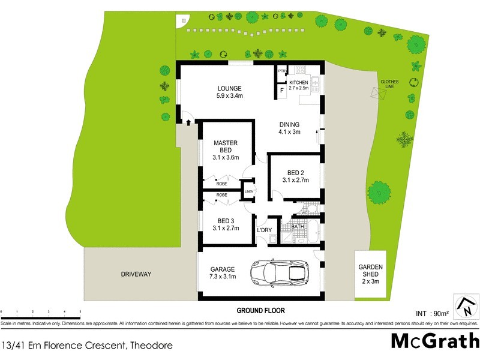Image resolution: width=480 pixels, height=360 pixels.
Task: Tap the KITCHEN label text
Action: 299,82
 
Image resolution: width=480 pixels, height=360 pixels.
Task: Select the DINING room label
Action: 289,125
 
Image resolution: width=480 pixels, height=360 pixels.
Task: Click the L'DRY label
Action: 265,230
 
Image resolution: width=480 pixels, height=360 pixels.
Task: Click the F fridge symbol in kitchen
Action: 281,91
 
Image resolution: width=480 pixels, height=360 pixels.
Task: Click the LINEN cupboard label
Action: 248,191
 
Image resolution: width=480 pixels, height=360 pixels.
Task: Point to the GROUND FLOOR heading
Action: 260,311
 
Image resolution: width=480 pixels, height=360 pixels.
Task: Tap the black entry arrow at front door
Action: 190,122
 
